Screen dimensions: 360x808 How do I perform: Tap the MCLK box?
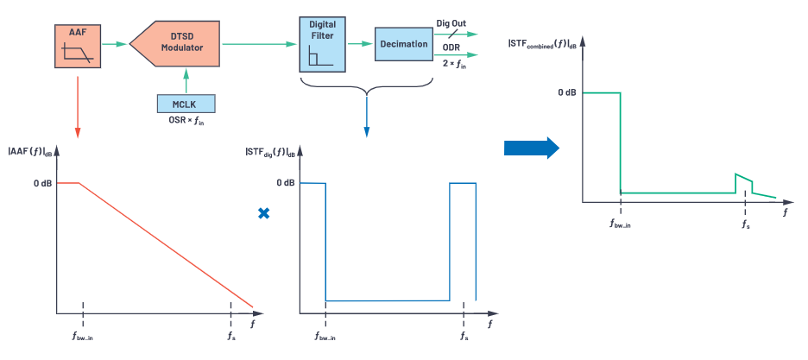click(x=186, y=104)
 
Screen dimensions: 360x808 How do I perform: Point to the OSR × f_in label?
click(x=186, y=121)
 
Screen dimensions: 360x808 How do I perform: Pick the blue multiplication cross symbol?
click(x=264, y=212)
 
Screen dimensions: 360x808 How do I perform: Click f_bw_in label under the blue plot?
click(x=325, y=335)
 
